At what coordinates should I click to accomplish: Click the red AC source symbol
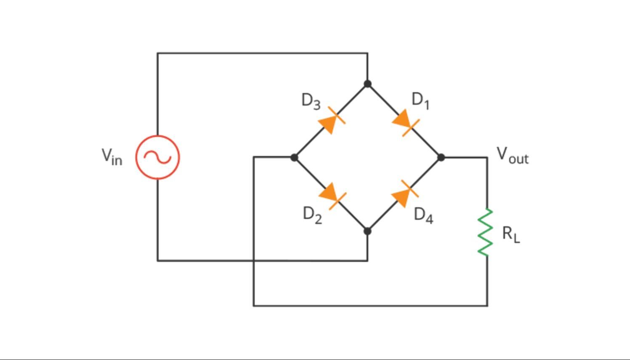(x=157, y=157)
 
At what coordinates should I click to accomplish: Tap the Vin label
(x=112, y=156)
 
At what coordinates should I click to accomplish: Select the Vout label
(x=512, y=155)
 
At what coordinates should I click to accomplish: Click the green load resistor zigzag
(x=485, y=232)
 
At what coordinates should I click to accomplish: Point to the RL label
(x=510, y=234)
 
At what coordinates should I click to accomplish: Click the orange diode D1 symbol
(x=404, y=122)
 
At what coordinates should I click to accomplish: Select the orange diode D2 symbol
(x=331, y=195)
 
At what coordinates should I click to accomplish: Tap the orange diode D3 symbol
(x=331, y=121)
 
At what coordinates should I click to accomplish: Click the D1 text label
(x=420, y=101)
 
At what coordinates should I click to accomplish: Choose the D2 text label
(x=312, y=215)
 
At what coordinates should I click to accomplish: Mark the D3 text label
(x=311, y=101)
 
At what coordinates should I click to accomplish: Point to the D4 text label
(x=423, y=215)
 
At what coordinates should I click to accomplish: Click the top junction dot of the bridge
(x=367, y=84)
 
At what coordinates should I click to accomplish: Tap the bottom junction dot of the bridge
(x=367, y=231)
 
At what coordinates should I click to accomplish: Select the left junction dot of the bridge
(x=294, y=157)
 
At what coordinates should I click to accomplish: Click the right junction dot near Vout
(x=441, y=157)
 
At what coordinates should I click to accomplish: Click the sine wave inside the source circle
(x=157, y=157)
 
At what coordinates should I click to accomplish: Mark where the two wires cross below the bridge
(x=253, y=261)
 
